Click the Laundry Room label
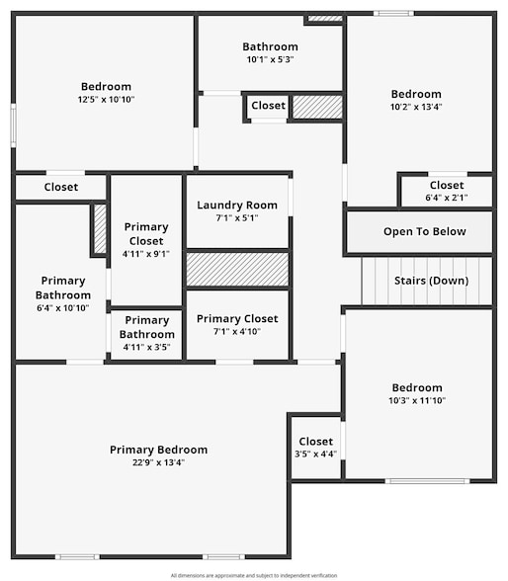coord(236,206)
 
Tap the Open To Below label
coord(424,232)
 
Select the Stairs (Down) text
coord(431,280)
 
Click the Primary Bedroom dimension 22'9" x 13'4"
coord(158,462)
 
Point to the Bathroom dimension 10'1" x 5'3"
coord(270,59)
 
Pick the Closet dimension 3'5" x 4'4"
coord(315,455)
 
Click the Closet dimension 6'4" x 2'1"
coord(446,198)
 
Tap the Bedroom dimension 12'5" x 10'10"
coord(106,100)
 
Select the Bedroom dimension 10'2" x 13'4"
coord(416,107)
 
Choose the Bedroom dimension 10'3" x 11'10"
coord(416,400)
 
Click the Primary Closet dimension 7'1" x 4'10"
coord(237,332)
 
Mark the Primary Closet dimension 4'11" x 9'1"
coord(146,254)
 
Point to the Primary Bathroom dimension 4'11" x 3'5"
coord(146,347)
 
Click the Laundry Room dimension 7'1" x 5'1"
coord(236,218)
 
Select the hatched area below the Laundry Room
coord(237,270)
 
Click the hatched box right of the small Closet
coord(316,107)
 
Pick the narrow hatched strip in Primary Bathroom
coord(99,229)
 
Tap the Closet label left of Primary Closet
coord(60,187)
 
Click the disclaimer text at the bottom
coord(253,575)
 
